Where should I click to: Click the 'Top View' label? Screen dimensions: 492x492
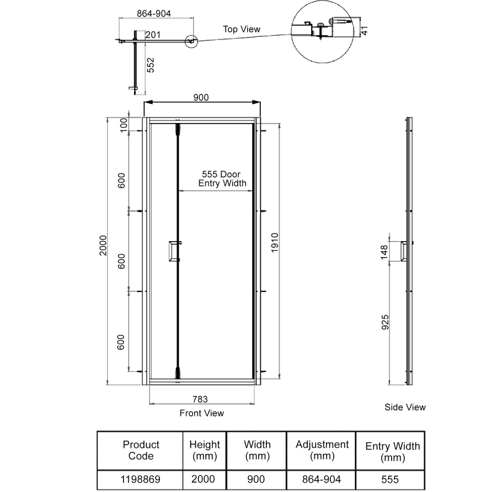[x=242, y=29]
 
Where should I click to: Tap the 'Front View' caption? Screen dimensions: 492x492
[x=202, y=413]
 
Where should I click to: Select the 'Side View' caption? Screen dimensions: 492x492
[x=405, y=407]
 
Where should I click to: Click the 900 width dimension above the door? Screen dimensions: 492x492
[x=201, y=97]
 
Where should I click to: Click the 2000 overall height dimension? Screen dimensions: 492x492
[x=103, y=248]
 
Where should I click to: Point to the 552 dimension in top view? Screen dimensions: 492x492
[x=150, y=66]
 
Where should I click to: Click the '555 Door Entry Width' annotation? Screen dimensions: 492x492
[x=221, y=178]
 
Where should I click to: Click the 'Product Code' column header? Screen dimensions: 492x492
[x=141, y=450]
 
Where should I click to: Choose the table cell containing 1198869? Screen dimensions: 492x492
[x=141, y=480]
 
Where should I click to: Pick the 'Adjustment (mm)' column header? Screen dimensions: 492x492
[x=322, y=450]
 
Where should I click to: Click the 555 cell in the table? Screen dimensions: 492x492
[x=390, y=480]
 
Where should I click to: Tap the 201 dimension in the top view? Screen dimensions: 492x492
[x=154, y=35]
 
